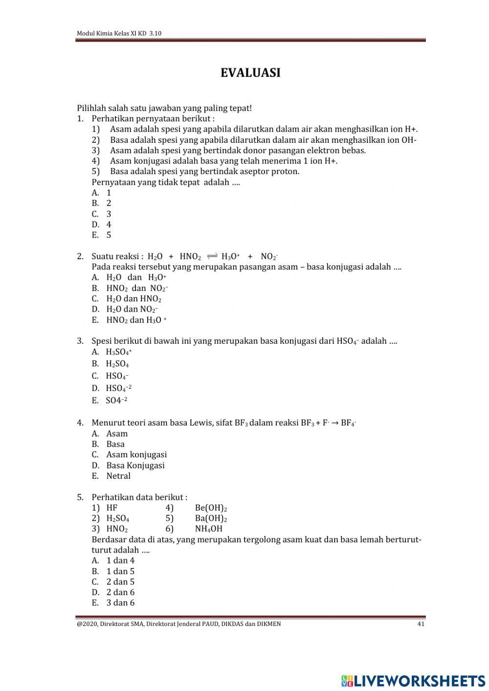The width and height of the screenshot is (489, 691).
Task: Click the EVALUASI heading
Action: pyautogui.click(x=250, y=73)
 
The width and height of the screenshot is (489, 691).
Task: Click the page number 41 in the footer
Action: pyautogui.click(x=421, y=624)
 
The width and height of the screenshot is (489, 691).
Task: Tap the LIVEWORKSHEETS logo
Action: pyautogui.click(x=413, y=681)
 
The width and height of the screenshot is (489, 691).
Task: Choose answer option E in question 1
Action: pyautogui.click(x=101, y=235)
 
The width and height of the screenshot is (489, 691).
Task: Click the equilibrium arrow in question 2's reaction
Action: pyautogui.click(x=212, y=256)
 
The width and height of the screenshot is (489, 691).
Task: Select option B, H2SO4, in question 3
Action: pyautogui.click(x=117, y=363)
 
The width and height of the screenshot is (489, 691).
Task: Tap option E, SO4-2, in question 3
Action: pyautogui.click(x=116, y=401)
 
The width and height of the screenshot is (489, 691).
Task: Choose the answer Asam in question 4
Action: pyautogui.click(x=117, y=433)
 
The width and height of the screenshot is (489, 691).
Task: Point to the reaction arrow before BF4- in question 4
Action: pyautogui.click(x=335, y=423)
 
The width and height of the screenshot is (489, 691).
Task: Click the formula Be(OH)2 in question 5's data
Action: pyautogui.click(x=211, y=508)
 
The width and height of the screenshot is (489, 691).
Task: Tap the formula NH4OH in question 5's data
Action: pyautogui.click(x=208, y=529)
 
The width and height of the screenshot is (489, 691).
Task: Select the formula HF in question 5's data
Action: pyautogui.click(x=112, y=508)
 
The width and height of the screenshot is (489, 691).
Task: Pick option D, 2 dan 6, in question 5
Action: pyautogui.click(x=120, y=592)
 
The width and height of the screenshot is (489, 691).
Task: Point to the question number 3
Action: pyautogui.click(x=80, y=341)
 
